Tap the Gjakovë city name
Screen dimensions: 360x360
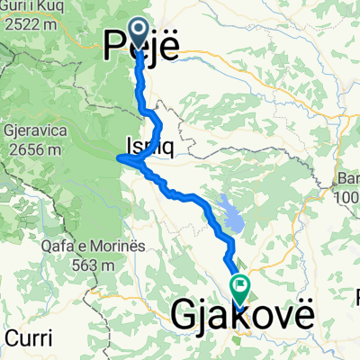coord(243,316)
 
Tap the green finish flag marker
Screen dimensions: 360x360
coord(240,289)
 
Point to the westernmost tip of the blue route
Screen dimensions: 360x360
coord(119,160)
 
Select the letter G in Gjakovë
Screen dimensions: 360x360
coord(184,316)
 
